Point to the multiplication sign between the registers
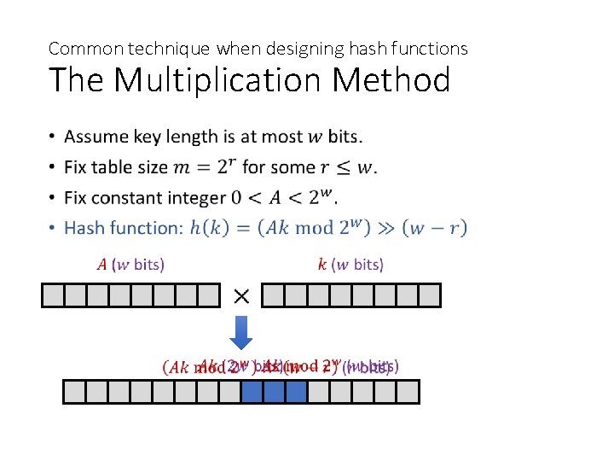click(241, 295)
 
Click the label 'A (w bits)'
click(130, 264)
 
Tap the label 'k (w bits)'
click(350, 264)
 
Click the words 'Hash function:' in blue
click(124, 228)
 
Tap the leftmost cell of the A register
click(54, 295)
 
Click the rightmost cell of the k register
click(430, 295)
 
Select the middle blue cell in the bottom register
click(275, 392)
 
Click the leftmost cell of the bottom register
click(75, 392)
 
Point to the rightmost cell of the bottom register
click(408, 392)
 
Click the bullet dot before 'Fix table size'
click(53, 167)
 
